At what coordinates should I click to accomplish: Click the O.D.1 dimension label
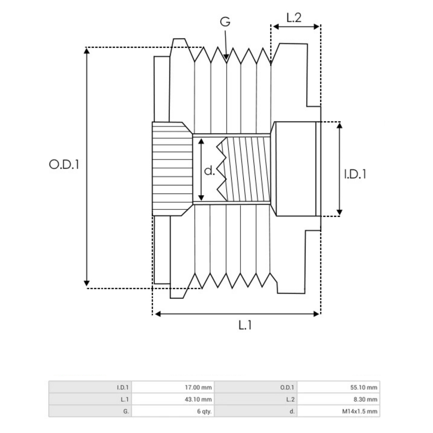coord(64,165)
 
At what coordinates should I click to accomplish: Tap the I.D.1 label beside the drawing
coord(355,174)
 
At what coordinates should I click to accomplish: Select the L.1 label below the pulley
coord(245,325)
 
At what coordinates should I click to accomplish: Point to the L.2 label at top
coord(294,18)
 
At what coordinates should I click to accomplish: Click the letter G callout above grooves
coord(225,22)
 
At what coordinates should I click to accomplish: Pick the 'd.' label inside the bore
coord(210,171)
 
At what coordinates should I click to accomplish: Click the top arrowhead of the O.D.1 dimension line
coord(87,50)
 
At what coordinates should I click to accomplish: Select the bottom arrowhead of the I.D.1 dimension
coord(340,213)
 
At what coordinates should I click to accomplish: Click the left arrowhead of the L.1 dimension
coord(157,314)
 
